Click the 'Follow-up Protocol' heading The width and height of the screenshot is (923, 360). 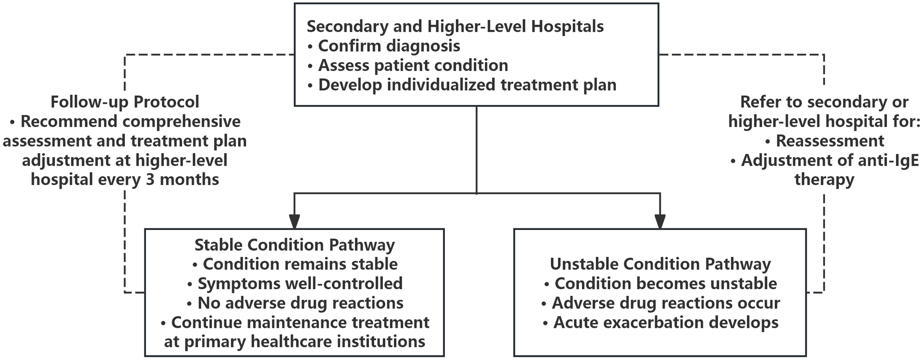coord(125,102)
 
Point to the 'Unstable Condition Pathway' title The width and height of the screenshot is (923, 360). coord(660,264)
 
